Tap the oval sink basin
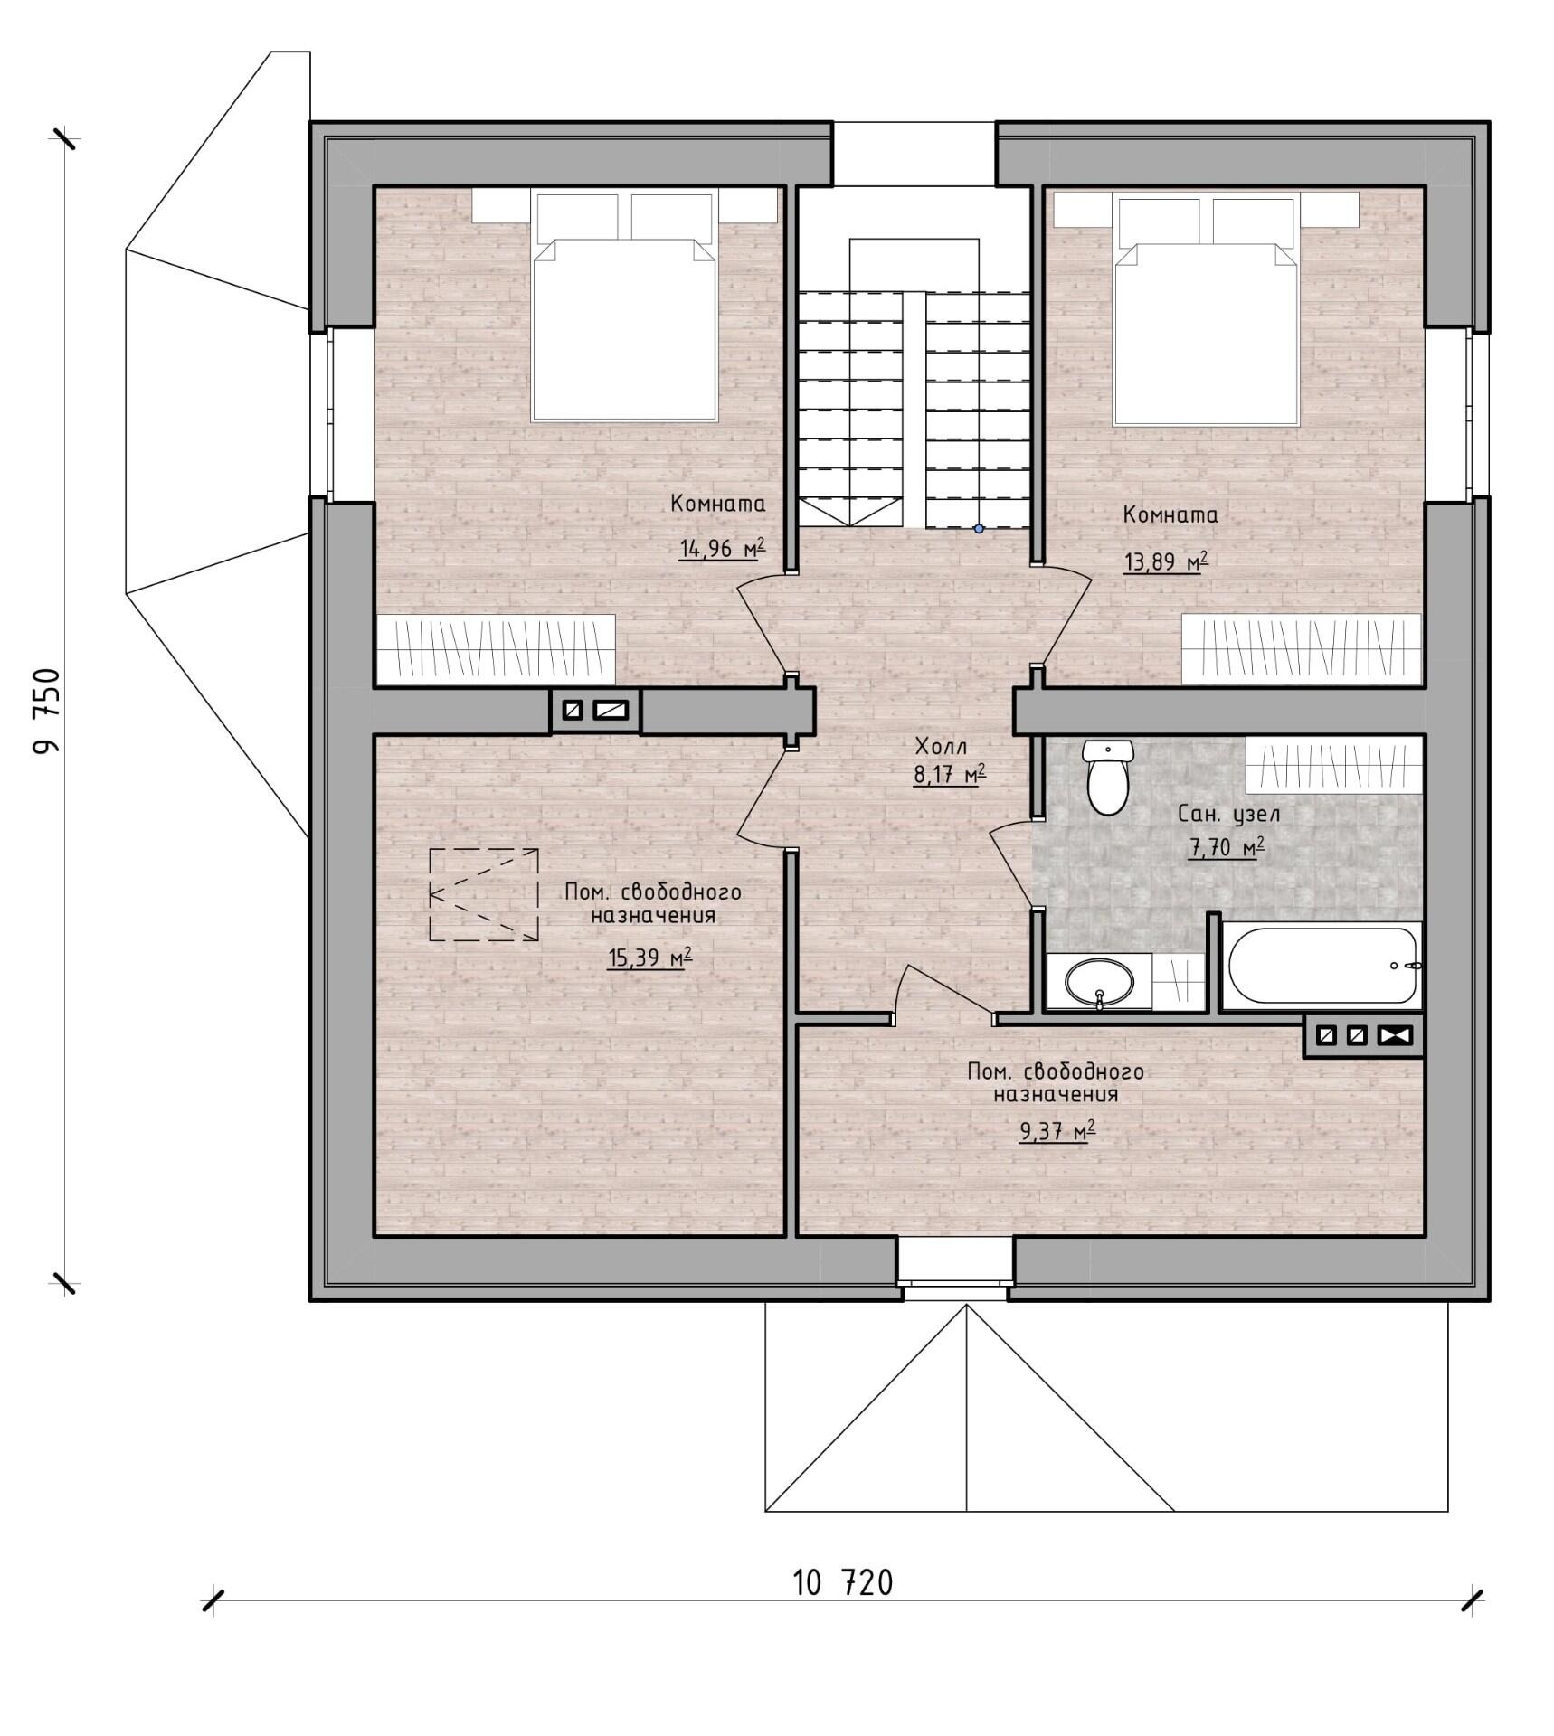1099,981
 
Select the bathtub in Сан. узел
1322,966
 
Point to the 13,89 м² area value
1166,561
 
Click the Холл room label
941,747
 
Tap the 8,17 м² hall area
949,775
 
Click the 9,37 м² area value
1057,1131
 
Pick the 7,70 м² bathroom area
1226,847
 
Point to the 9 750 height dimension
46,712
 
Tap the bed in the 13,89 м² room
1207,308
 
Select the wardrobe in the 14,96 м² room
496,649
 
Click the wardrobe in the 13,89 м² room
1302,649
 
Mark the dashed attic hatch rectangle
484,895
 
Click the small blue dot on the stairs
979,529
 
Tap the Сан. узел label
1228,814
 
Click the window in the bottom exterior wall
955,1269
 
